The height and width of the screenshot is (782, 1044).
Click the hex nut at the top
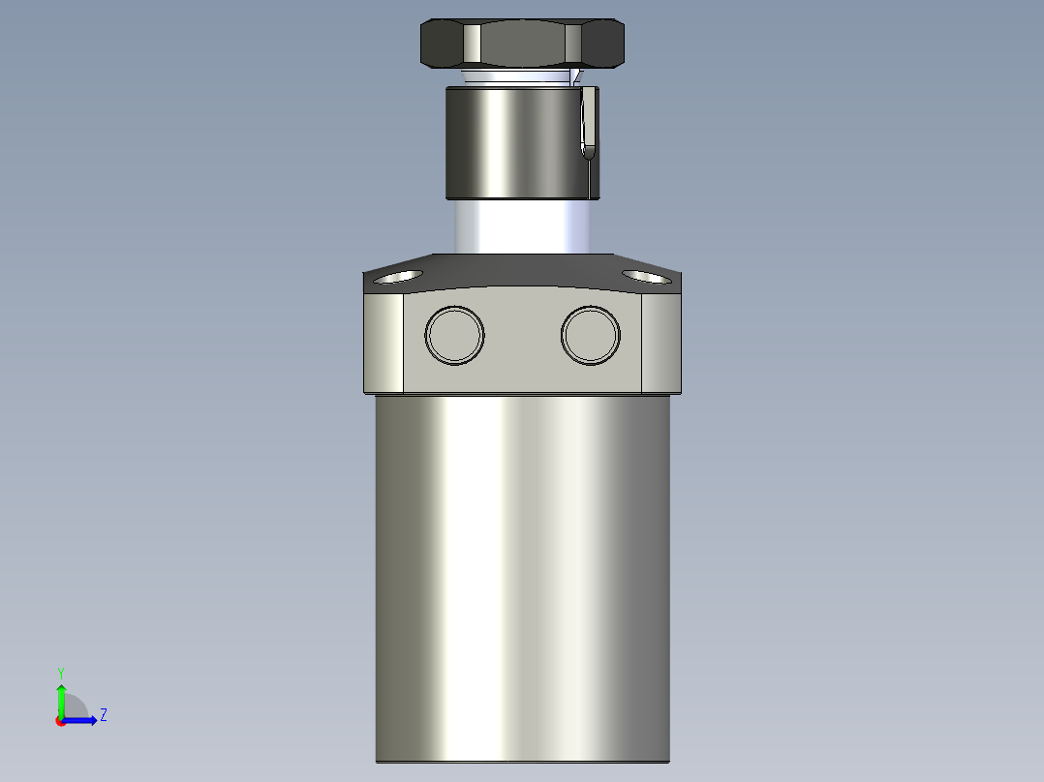click(522, 43)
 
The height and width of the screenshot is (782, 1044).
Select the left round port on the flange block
click(454, 335)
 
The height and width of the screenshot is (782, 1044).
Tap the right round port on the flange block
click(590, 335)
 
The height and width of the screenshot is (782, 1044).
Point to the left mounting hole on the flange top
click(398, 277)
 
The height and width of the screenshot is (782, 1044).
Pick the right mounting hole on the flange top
click(647, 277)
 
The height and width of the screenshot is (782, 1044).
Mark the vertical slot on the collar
click(587, 124)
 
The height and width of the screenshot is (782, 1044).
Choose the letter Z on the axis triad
click(103, 715)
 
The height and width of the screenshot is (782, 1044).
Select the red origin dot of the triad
click(60, 721)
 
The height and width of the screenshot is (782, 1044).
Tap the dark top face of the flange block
click(523, 271)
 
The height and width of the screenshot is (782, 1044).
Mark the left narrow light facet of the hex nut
click(472, 43)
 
